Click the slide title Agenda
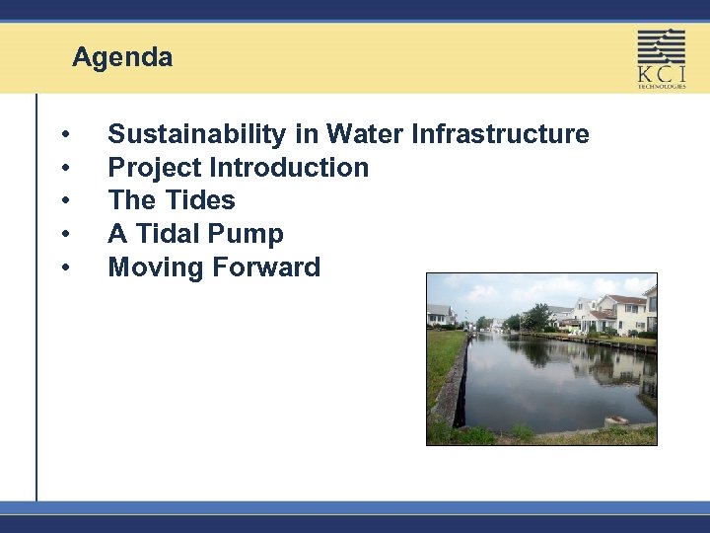(x=122, y=58)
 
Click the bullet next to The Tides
(x=64, y=201)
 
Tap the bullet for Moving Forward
(x=64, y=268)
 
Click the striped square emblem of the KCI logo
(x=661, y=46)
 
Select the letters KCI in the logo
(x=661, y=74)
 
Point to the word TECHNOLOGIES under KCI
(x=661, y=87)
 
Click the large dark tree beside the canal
(x=537, y=317)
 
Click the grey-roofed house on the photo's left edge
(x=440, y=314)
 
